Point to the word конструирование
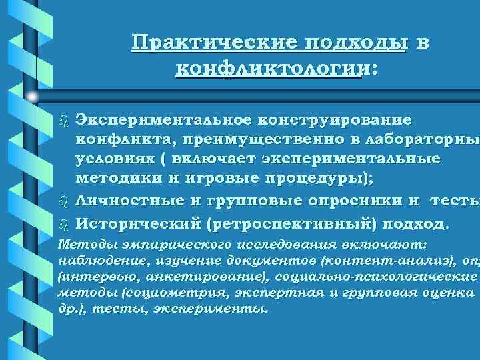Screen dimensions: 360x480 pyautogui.click(x=333, y=120)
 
